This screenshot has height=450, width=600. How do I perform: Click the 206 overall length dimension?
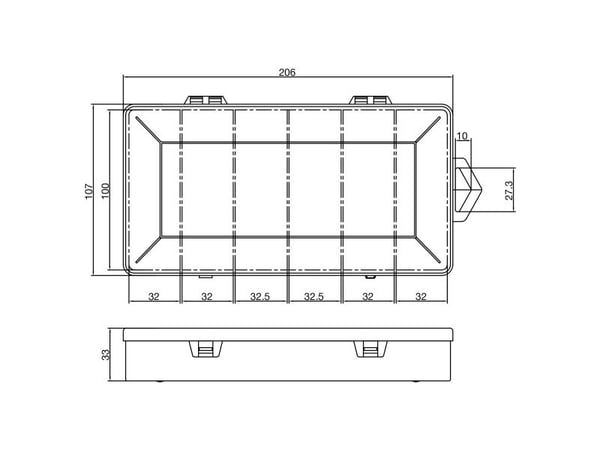point(287,72)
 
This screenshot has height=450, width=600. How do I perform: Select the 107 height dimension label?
point(89,191)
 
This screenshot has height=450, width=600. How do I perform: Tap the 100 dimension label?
point(106,191)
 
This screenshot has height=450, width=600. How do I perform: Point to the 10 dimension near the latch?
point(462,136)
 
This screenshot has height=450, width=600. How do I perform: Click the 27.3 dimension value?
point(509,190)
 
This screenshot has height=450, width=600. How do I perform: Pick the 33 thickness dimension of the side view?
point(106,354)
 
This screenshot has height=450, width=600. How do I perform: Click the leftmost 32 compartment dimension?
point(153,296)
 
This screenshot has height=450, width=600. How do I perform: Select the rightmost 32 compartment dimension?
point(421,296)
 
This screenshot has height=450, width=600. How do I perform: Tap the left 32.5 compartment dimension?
point(260,296)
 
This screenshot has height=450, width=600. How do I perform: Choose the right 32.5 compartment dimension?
point(314,296)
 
